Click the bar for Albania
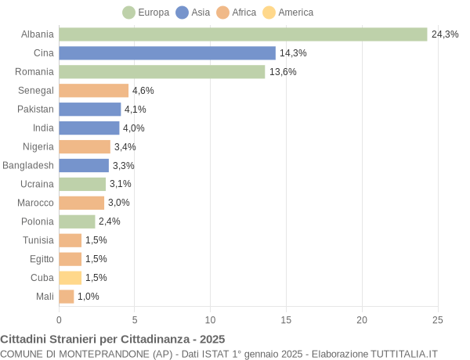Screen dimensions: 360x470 (243, 34)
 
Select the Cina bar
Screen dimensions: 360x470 (167, 53)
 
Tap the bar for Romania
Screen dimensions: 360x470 (162, 72)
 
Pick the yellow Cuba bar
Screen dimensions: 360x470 (70, 278)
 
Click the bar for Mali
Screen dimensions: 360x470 (67, 297)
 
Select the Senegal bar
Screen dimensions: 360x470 (93, 91)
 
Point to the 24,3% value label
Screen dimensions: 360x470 (445, 34)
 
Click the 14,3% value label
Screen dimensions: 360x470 (293, 53)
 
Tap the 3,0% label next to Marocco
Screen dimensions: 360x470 (119, 203)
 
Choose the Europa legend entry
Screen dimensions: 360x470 (146, 13)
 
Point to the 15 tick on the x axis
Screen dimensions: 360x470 (286, 319)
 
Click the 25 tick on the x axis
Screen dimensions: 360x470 (438, 319)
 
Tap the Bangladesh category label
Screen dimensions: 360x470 (28, 165)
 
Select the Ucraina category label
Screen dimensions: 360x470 (37, 184)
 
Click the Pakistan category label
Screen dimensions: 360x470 (36, 110)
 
